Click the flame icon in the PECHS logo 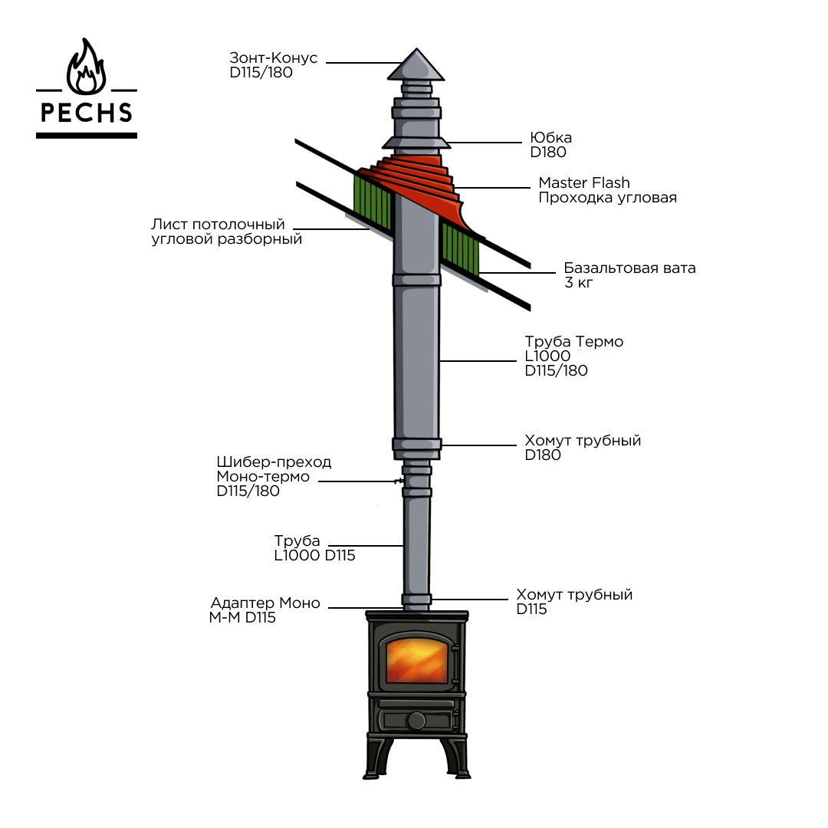[x=87, y=68]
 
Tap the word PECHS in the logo [x=87, y=113]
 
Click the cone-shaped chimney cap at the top [x=415, y=66]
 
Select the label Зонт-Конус [x=273, y=58]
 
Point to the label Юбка [x=551, y=138]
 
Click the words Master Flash [x=584, y=182]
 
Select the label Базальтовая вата [x=629, y=268]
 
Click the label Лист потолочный [x=218, y=225]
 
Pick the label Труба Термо [x=573, y=342]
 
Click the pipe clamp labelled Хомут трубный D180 [x=416, y=444]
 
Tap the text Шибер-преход [x=274, y=462]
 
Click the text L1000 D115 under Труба [x=314, y=556]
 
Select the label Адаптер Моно [x=265, y=603]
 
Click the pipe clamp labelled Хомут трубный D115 [x=417, y=599]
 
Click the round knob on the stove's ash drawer [x=416, y=721]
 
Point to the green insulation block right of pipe [x=460, y=247]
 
